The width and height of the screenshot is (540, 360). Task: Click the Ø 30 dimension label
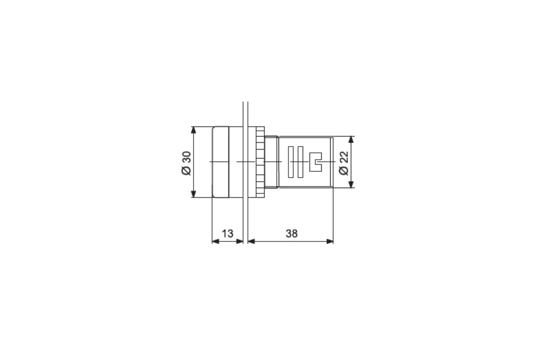click(186, 163)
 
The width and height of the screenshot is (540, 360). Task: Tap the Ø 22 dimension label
click(344, 163)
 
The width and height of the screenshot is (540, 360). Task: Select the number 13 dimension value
click(227, 233)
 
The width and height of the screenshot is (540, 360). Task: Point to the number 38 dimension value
click(291, 233)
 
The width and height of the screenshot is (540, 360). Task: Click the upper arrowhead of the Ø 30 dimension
click(194, 130)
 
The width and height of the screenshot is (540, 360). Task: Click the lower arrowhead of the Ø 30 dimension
click(194, 194)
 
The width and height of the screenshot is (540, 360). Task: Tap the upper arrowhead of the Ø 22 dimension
click(351, 139)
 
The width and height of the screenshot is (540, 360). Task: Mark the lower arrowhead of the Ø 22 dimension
click(351, 184)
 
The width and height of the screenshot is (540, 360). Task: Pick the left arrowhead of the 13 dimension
click(216, 241)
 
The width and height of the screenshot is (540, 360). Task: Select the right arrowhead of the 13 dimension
click(240, 241)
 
